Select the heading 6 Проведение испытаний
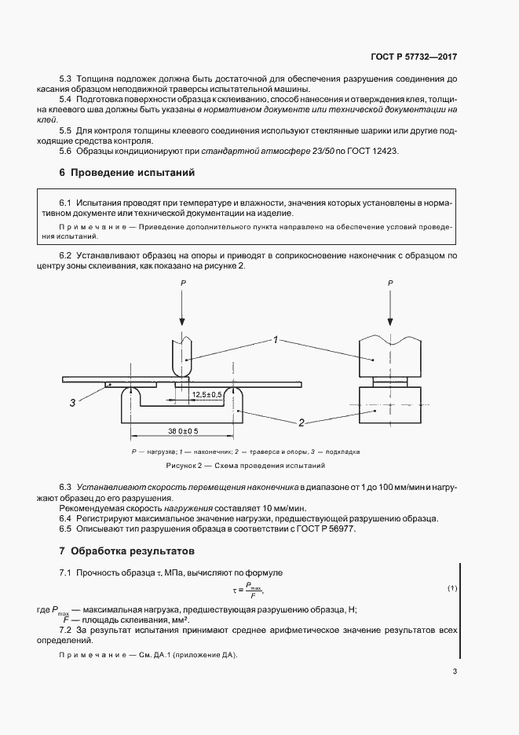coord(126,172)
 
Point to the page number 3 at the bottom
coord(455,671)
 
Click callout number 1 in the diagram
coord(276,339)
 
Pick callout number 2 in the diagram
coord(301,422)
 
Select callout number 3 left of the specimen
coord(72,402)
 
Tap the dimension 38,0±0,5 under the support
coord(182,431)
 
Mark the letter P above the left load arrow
coord(183,281)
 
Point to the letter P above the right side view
coord(390,281)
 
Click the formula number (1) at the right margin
coord(452,588)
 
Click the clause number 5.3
coord(66,80)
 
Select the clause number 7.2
coord(66,630)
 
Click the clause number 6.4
coord(66,519)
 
